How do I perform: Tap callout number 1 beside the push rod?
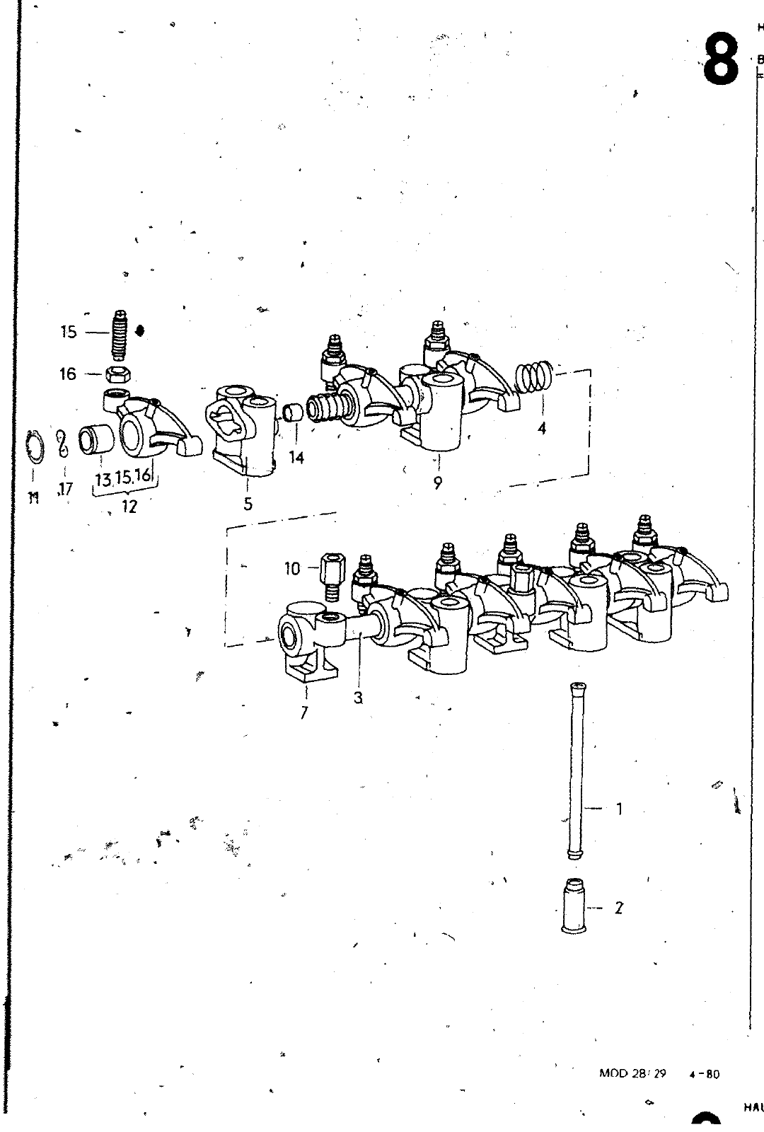[620, 808]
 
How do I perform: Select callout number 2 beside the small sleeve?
[619, 908]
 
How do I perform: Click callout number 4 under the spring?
[542, 428]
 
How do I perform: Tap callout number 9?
[438, 483]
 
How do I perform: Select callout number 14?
[296, 458]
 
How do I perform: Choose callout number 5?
[248, 504]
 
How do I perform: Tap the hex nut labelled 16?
[116, 374]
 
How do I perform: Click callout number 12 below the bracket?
[128, 507]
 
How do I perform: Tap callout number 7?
[304, 713]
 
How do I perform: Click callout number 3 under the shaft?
[359, 698]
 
